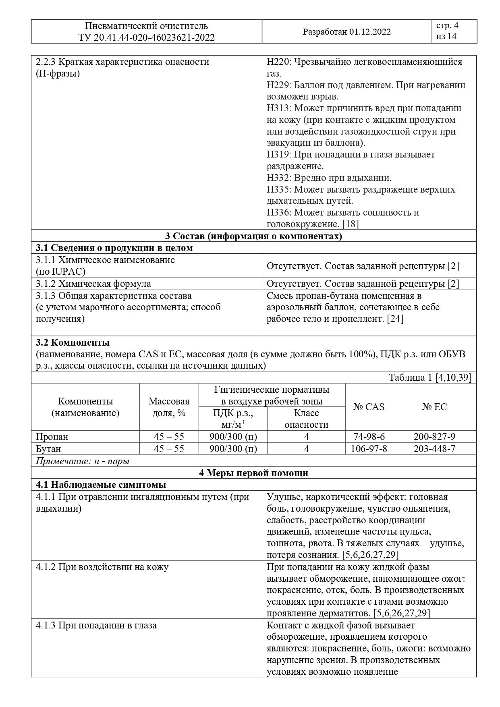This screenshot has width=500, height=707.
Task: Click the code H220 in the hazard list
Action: click(277, 62)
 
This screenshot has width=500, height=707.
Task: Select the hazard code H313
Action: click(277, 108)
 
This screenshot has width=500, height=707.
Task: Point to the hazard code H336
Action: click(277, 212)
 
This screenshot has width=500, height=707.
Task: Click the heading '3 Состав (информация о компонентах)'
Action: click(253, 236)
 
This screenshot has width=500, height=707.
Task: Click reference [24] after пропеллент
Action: click(395, 319)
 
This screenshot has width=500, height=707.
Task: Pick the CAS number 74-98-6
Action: click(369, 437)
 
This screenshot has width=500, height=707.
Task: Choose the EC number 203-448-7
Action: click(434, 449)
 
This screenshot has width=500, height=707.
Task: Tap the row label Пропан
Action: click(52, 437)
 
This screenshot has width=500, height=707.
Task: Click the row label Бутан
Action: click(48, 449)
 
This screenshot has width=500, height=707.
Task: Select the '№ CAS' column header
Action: click(369, 407)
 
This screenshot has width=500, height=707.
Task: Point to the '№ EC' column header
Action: click(434, 407)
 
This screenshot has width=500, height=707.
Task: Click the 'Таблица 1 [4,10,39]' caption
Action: click(429, 377)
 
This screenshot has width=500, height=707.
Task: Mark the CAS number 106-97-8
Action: click(369, 449)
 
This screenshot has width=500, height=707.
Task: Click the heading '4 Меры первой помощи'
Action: click(253, 473)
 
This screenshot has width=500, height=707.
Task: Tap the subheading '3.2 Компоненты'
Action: click(73, 343)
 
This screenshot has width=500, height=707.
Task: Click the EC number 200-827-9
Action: click(434, 437)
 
